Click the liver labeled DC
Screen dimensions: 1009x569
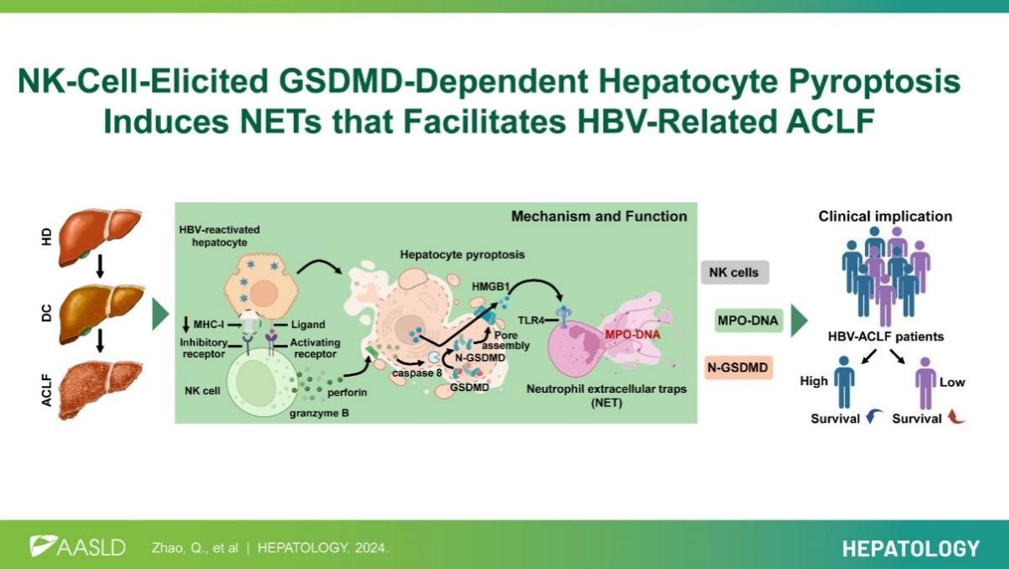click(101, 314)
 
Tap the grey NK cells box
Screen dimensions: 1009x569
click(734, 272)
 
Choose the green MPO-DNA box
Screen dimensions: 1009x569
click(748, 320)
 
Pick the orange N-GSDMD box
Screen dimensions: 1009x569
click(738, 368)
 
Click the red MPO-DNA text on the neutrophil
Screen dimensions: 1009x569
click(632, 335)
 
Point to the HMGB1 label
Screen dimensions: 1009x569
click(490, 287)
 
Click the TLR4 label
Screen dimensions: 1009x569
click(531, 319)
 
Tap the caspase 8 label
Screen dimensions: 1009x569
click(417, 373)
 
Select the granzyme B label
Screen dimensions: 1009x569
click(319, 413)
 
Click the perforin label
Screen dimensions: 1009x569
click(348, 392)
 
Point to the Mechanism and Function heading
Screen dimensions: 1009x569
click(599, 217)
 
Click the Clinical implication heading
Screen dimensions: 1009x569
click(885, 217)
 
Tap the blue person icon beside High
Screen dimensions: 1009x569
click(844, 383)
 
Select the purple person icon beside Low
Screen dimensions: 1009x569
click(926, 383)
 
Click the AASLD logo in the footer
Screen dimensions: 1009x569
click(77, 547)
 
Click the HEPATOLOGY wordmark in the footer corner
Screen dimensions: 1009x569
click(910, 549)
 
